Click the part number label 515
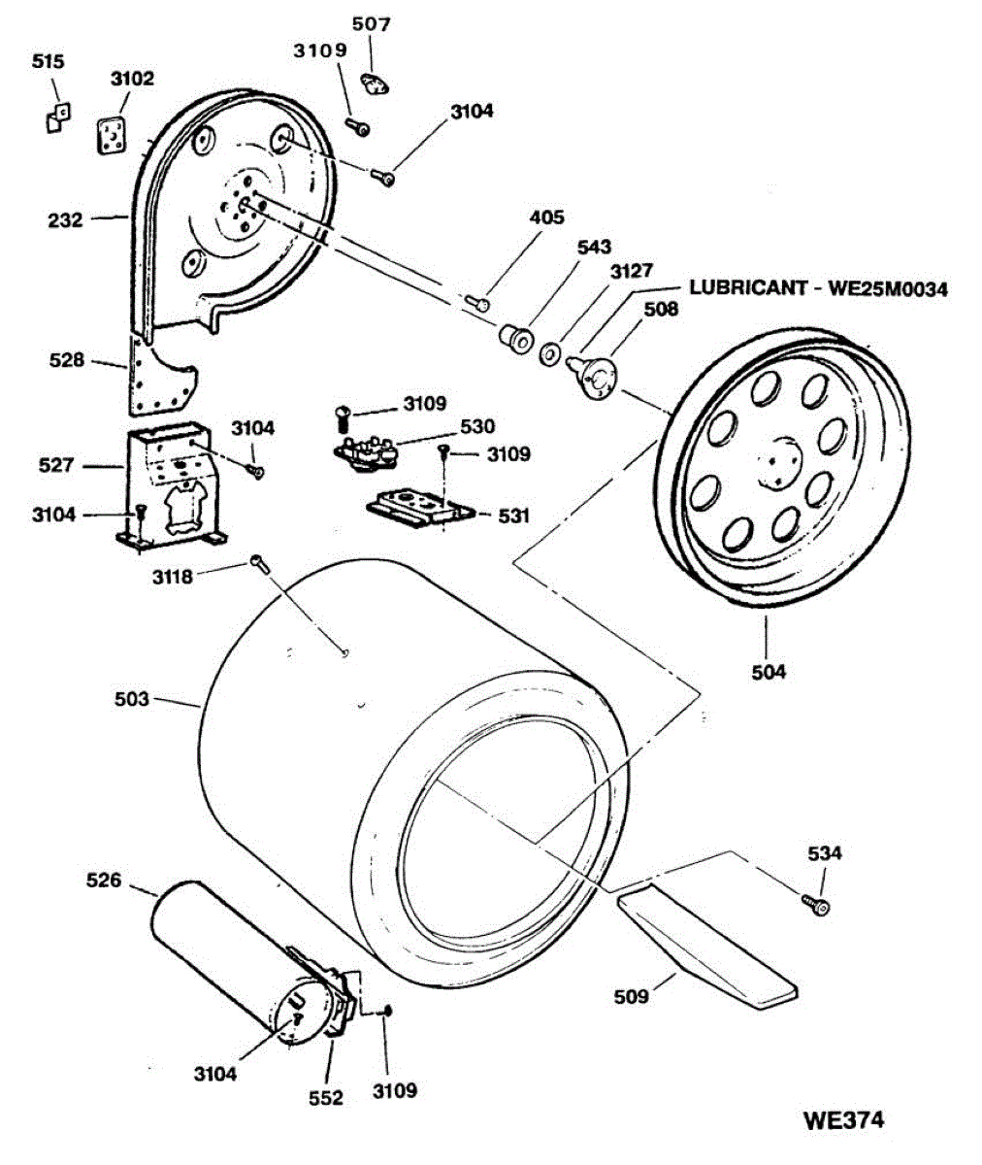point(48,62)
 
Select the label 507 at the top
point(371,24)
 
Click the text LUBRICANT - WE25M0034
point(818,288)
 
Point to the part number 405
point(546,218)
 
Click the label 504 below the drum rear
point(767,671)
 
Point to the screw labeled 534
point(817,906)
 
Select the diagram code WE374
point(843,1120)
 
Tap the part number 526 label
point(104,881)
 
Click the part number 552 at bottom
point(326,1098)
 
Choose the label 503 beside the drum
point(132,699)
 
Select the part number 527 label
point(56,466)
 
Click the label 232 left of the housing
point(65,220)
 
